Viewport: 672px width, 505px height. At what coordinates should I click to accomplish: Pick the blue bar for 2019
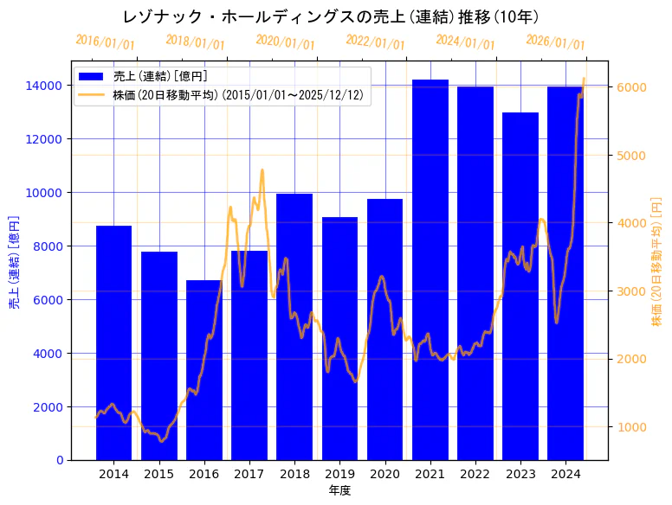pyautogui.click(x=339, y=338)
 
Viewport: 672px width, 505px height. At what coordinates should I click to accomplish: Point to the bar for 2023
pyautogui.click(x=520, y=286)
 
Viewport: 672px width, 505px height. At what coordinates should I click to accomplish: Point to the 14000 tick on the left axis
pyautogui.click(x=48, y=86)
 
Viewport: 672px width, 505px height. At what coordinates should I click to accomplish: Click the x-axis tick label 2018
pyautogui.click(x=294, y=474)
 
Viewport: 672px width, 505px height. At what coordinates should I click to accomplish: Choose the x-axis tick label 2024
pyautogui.click(x=565, y=474)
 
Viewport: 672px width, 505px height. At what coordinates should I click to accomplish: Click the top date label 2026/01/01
pyautogui.click(x=555, y=42)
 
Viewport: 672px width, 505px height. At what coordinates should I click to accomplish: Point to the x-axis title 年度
pyautogui.click(x=339, y=490)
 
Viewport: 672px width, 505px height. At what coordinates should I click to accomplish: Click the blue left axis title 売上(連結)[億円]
pyautogui.click(x=14, y=263)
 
